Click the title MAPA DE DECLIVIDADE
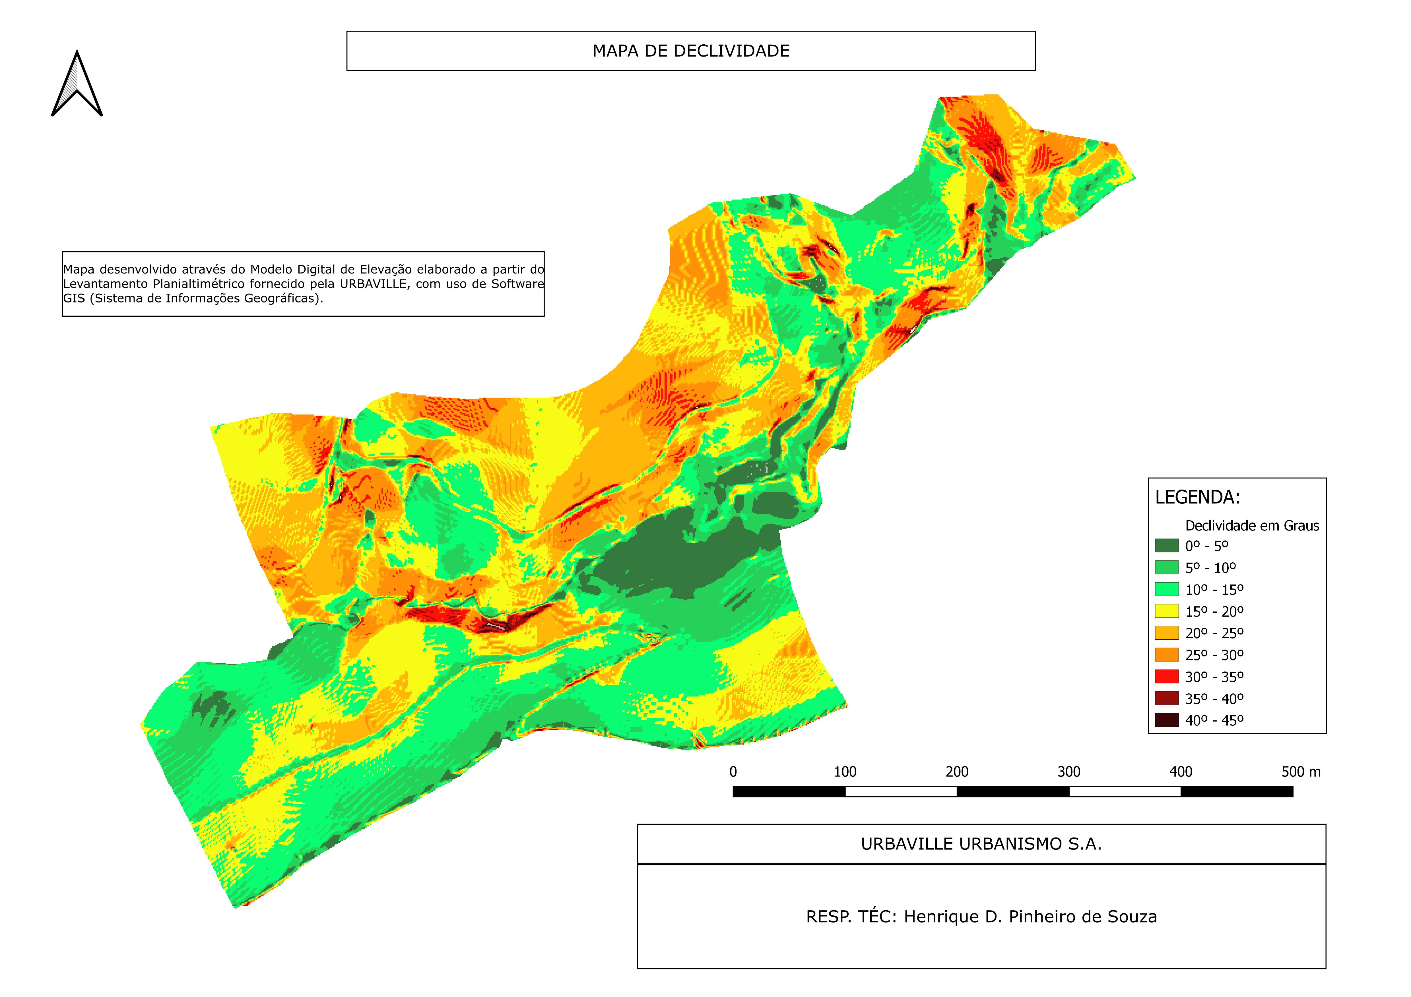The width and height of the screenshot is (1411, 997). tap(691, 51)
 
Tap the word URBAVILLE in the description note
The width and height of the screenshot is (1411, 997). tap(373, 284)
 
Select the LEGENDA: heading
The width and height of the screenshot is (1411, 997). tap(1197, 498)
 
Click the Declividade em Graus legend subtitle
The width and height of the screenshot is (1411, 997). tap(1252, 526)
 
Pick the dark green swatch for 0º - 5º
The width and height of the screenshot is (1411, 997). tap(1166, 546)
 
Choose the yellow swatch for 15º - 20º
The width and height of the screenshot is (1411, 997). tap(1166, 611)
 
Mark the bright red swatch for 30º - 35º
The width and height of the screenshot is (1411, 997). tap(1166, 676)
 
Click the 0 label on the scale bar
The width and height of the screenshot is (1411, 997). tap(733, 772)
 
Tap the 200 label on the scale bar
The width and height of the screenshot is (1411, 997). tap(957, 772)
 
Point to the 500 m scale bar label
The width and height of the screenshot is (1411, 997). tap(1300, 772)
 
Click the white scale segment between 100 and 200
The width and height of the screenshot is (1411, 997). tap(901, 792)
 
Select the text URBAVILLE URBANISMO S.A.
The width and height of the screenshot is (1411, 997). tap(981, 844)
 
